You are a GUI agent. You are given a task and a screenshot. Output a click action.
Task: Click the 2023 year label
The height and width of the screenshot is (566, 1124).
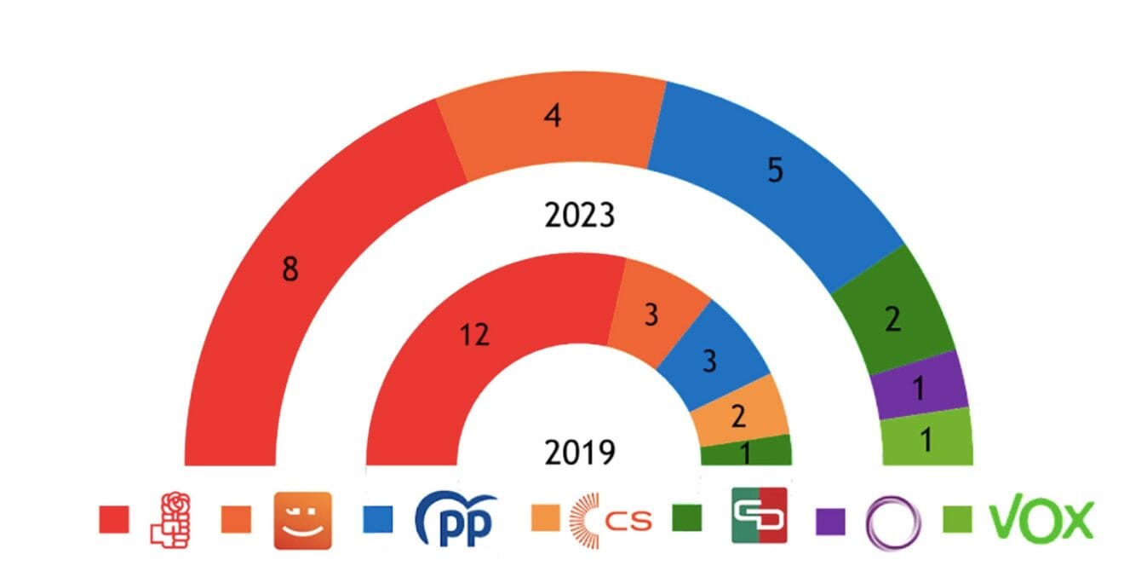click(579, 216)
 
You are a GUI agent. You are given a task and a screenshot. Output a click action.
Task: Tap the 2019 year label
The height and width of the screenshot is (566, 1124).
click(579, 452)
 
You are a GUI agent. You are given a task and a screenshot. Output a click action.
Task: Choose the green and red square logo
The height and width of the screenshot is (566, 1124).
click(759, 515)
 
